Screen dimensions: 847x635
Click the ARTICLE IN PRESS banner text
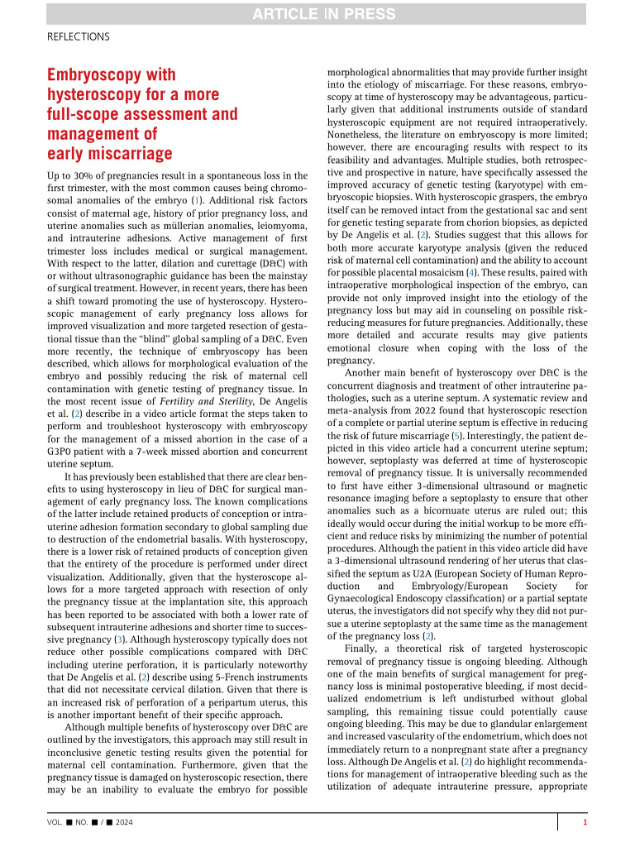tap(317, 12)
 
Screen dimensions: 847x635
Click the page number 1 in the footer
tap(585, 823)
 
